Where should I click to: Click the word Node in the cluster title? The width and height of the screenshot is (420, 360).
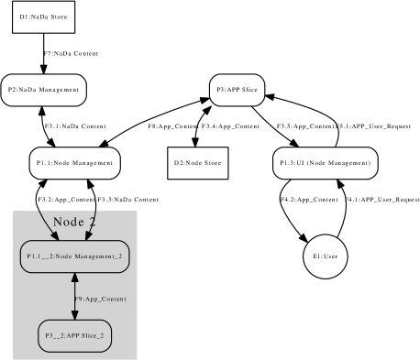click(x=68, y=222)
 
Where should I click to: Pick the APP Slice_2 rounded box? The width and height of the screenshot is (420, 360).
click(x=74, y=336)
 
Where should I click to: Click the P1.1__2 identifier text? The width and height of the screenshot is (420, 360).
click(x=39, y=256)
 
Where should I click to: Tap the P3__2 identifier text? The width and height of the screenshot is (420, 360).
click(x=55, y=336)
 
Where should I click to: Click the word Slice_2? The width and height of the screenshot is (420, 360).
click(x=93, y=336)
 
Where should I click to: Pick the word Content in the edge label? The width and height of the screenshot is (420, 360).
click(x=114, y=300)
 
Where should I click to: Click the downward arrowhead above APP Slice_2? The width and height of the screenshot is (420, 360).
click(x=74, y=314)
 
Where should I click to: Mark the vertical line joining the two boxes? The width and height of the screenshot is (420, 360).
click(x=74, y=295)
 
